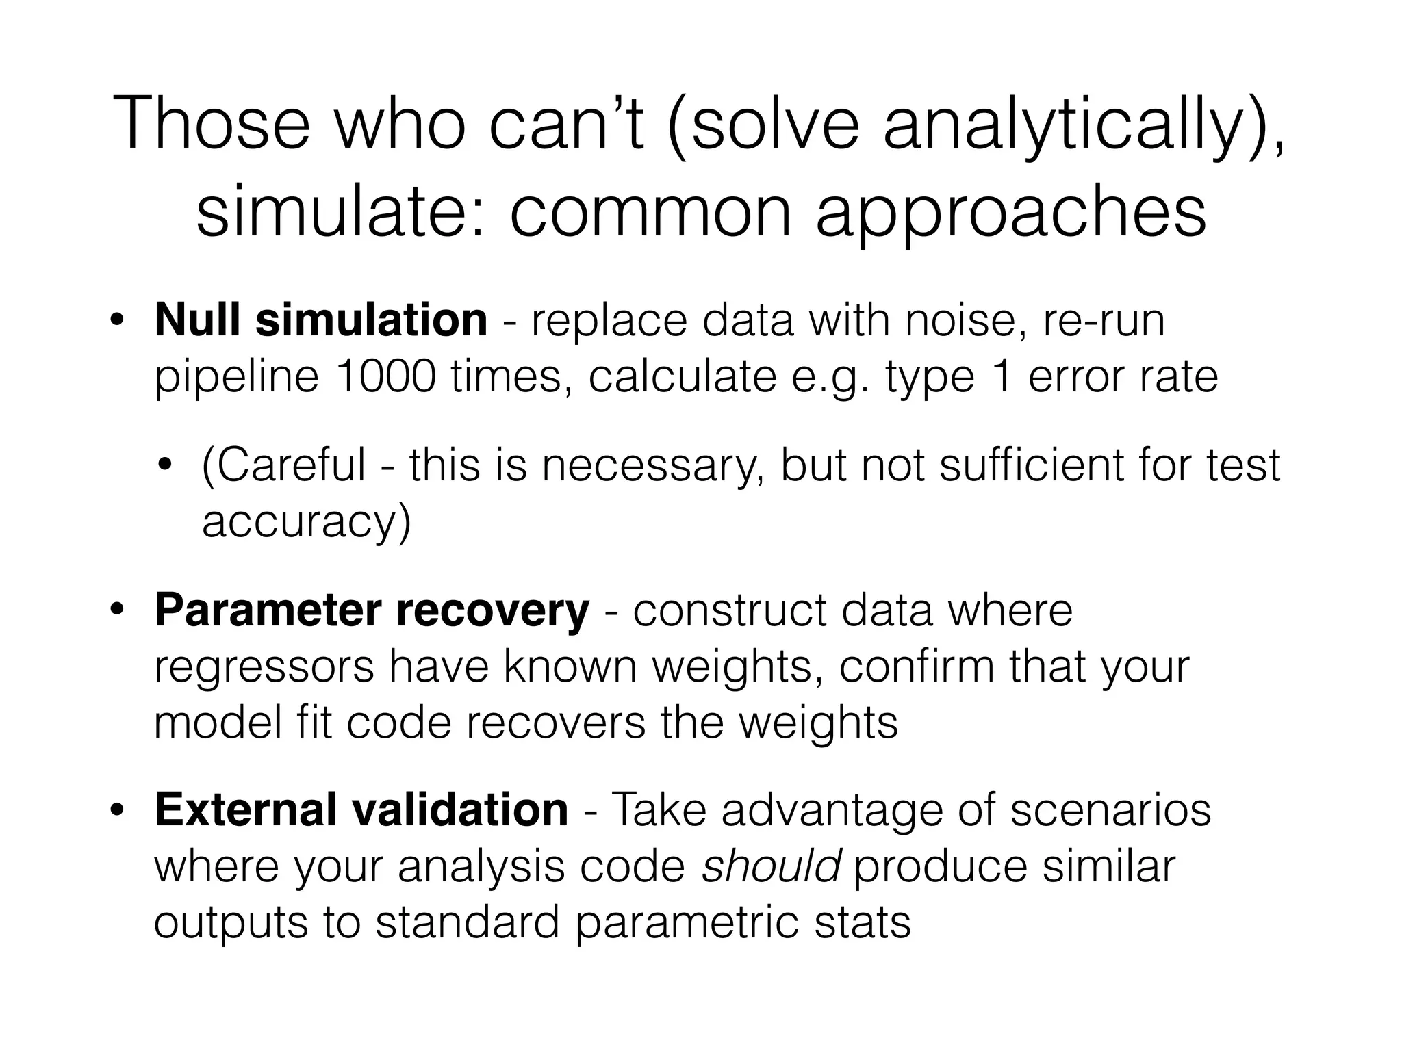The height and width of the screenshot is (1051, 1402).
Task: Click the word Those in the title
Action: [212, 125]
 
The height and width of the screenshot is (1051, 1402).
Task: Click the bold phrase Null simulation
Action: [320, 320]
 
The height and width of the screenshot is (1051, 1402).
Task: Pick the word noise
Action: [965, 320]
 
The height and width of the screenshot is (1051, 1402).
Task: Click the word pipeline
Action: [236, 378]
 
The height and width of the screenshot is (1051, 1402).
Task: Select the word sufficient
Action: [1030, 465]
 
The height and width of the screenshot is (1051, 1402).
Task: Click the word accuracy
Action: [305, 523]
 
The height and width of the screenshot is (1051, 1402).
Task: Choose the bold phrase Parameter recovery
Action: [371, 610]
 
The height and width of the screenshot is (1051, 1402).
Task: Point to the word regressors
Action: [264, 668]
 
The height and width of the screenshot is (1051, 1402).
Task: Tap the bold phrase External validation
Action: [361, 809]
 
